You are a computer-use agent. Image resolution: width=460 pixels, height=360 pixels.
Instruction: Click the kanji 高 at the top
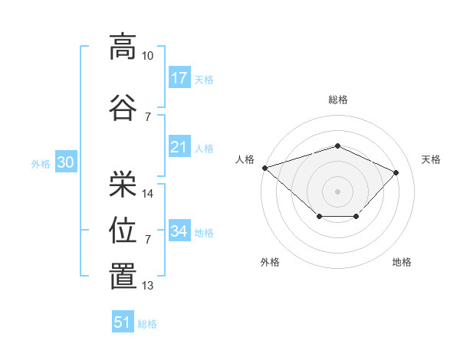click(x=123, y=47)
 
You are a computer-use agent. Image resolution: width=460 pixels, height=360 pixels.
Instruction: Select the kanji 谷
click(x=123, y=107)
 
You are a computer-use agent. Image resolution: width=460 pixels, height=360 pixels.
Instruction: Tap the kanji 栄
click(x=123, y=184)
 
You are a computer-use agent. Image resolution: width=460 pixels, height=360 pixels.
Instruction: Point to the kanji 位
click(x=123, y=230)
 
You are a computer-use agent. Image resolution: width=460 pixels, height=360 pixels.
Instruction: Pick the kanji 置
click(x=123, y=276)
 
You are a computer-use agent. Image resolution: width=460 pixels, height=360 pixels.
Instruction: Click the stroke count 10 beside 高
click(x=147, y=56)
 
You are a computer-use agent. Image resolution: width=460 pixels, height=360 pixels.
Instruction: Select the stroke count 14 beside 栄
click(x=147, y=194)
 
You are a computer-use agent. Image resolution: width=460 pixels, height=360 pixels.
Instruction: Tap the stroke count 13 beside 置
click(x=147, y=285)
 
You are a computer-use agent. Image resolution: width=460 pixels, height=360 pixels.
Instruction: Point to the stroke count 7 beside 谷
click(x=148, y=117)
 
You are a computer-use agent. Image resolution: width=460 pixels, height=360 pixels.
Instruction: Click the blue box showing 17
click(x=179, y=77)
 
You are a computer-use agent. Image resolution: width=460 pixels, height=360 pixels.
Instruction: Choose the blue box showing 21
click(x=179, y=146)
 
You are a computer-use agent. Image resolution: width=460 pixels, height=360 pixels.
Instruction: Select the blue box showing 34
click(x=179, y=230)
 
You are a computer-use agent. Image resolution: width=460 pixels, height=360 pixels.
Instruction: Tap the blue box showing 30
click(x=66, y=162)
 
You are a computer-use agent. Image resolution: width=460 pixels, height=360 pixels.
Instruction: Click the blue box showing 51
click(x=123, y=321)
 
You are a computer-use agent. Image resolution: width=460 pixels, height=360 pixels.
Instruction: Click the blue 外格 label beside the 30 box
click(x=41, y=164)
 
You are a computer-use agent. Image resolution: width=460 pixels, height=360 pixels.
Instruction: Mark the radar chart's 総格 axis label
click(x=338, y=100)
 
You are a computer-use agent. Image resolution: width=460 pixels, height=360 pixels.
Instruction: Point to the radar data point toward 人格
click(x=265, y=168)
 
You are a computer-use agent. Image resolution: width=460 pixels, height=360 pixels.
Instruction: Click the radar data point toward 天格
click(x=396, y=172)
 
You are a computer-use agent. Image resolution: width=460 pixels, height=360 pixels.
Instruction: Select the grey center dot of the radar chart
click(x=337, y=191)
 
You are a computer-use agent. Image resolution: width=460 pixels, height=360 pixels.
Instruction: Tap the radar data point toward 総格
click(x=337, y=146)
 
